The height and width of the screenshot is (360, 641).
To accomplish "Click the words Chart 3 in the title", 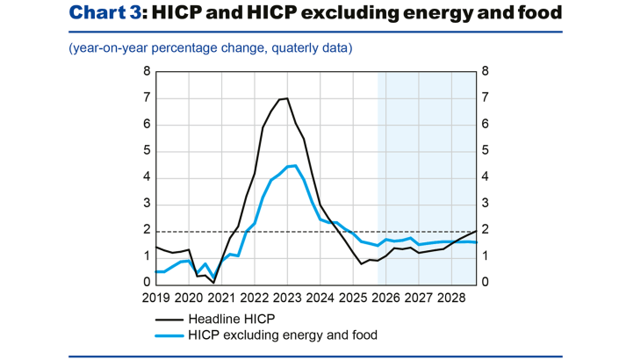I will pyautogui.click(x=104, y=13).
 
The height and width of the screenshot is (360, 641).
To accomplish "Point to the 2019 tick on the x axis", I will pyautogui.click(x=155, y=299).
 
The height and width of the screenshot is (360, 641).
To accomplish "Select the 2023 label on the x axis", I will pyautogui.click(x=287, y=299).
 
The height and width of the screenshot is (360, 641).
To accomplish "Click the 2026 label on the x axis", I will pyautogui.click(x=385, y=299).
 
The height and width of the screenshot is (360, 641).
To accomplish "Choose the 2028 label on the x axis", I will pyautogui.click(x=451, y=299).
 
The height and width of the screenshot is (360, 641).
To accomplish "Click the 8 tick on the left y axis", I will pyautogui.click(x=148, y=71).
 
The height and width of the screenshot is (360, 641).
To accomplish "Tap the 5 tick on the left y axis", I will pyautogui.click(x=148, y=150).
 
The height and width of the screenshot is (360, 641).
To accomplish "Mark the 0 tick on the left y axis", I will pyautogui.click(x=148, y=283).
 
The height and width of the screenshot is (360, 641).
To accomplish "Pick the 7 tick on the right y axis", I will pyautogui.click(x=485, y=97).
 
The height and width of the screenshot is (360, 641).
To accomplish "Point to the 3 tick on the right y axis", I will pyautogui.click(x=485, y=204).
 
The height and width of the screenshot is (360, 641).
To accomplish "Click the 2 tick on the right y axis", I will pyautogui.click(x=485, y=230).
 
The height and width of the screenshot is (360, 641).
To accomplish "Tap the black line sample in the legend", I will pyautogui.click(x=169, y=320).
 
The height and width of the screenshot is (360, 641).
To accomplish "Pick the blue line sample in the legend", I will pyautogui.click(x=169, y=335).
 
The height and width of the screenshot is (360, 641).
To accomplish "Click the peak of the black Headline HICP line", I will pyautogui.click(x=287, y=98).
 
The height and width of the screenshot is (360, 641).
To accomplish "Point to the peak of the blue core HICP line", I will pyautogui.click(x=295, y=165).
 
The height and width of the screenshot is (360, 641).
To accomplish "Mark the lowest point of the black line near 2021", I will pyautogui.click(x=213, y=282).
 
